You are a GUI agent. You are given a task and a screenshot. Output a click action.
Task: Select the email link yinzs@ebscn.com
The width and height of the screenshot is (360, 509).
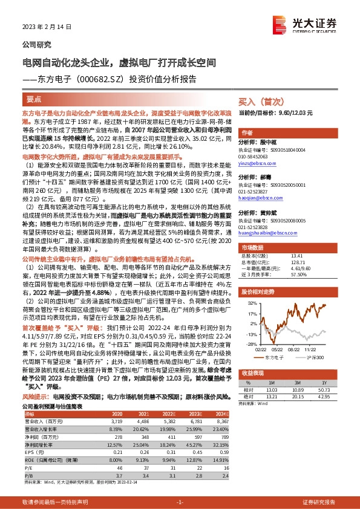point(254,164)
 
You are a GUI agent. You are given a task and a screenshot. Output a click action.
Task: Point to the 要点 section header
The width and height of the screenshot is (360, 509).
point(34,99)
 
